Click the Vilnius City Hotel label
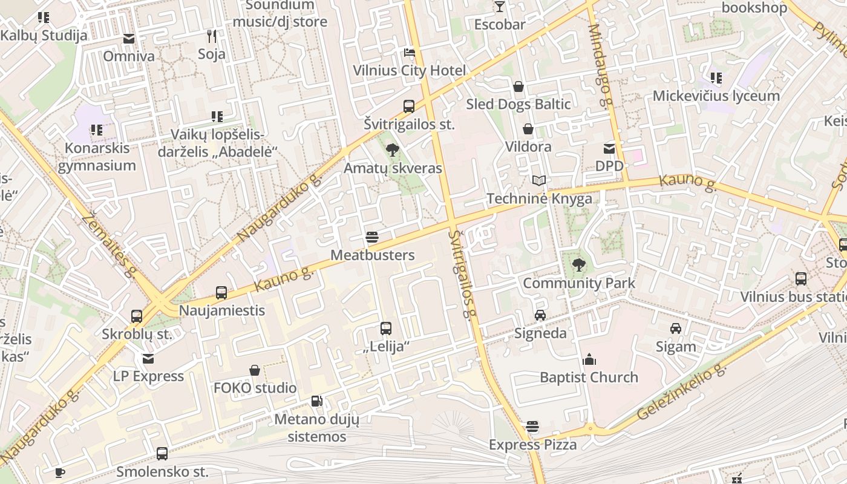point(410,71)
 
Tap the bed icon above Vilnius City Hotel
point(410,53)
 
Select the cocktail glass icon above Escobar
point(499,7)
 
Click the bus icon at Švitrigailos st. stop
point(409,106)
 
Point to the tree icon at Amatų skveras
point(393,149)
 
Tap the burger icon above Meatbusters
point(372,237)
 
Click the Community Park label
point(579,283)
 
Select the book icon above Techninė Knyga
point(539,180)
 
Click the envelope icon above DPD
point(609,148)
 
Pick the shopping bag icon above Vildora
point(528,129)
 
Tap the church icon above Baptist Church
point(589,360)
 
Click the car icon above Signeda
point(540,315)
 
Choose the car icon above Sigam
point(676,329)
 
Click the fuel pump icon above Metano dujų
point(316,401)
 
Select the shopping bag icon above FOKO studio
point(255,370)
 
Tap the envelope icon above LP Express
point(148,359)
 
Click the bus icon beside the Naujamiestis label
point(221,293)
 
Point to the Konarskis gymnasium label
point(97,157)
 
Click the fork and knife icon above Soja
point(212,36)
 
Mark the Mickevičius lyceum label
point(716,96)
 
